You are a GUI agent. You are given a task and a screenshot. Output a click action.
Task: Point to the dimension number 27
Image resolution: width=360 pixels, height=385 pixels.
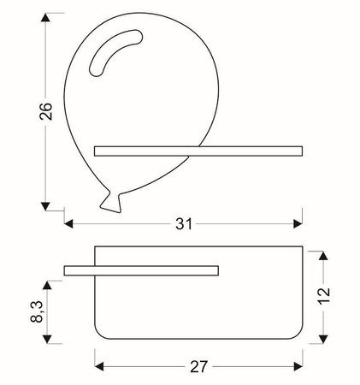(198, 367)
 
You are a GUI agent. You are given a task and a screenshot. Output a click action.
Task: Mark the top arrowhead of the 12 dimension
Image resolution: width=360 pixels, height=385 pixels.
(322, 256)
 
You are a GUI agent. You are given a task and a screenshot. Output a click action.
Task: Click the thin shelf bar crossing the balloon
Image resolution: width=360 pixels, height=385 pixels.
(198, 151)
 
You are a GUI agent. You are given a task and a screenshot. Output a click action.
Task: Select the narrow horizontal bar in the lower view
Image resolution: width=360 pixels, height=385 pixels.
(141, 271)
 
